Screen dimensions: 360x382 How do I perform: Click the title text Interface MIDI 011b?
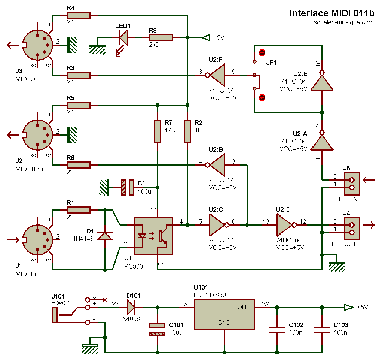pos(332,13)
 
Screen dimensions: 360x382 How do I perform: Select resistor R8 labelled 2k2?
pos(161,37)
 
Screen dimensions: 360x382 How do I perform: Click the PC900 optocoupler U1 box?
pos(153,236)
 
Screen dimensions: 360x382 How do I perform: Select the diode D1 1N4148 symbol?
pos(105,236)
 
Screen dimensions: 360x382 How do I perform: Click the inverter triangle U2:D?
pos(285,225)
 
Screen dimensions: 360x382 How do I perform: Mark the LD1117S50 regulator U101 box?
pos(224,315)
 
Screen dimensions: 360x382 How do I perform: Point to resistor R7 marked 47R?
pos(157,131)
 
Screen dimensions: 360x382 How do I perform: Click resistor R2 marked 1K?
pos(187,131)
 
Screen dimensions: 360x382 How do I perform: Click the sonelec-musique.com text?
pos(343,22)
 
